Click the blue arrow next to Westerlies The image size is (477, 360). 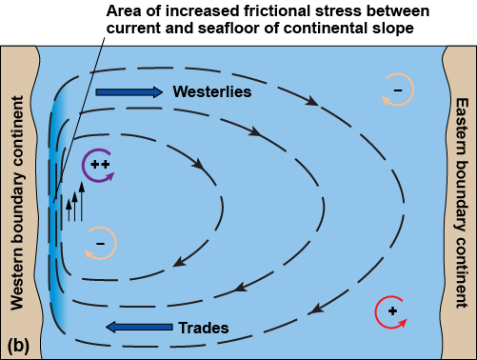pos(129,92)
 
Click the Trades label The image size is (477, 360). pos(204,328)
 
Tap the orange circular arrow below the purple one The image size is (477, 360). pos(101,244)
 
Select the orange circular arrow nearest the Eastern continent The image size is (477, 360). pos(395,88)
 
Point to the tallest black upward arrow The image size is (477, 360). pos(83,201)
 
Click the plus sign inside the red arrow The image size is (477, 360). pos(391,311)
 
